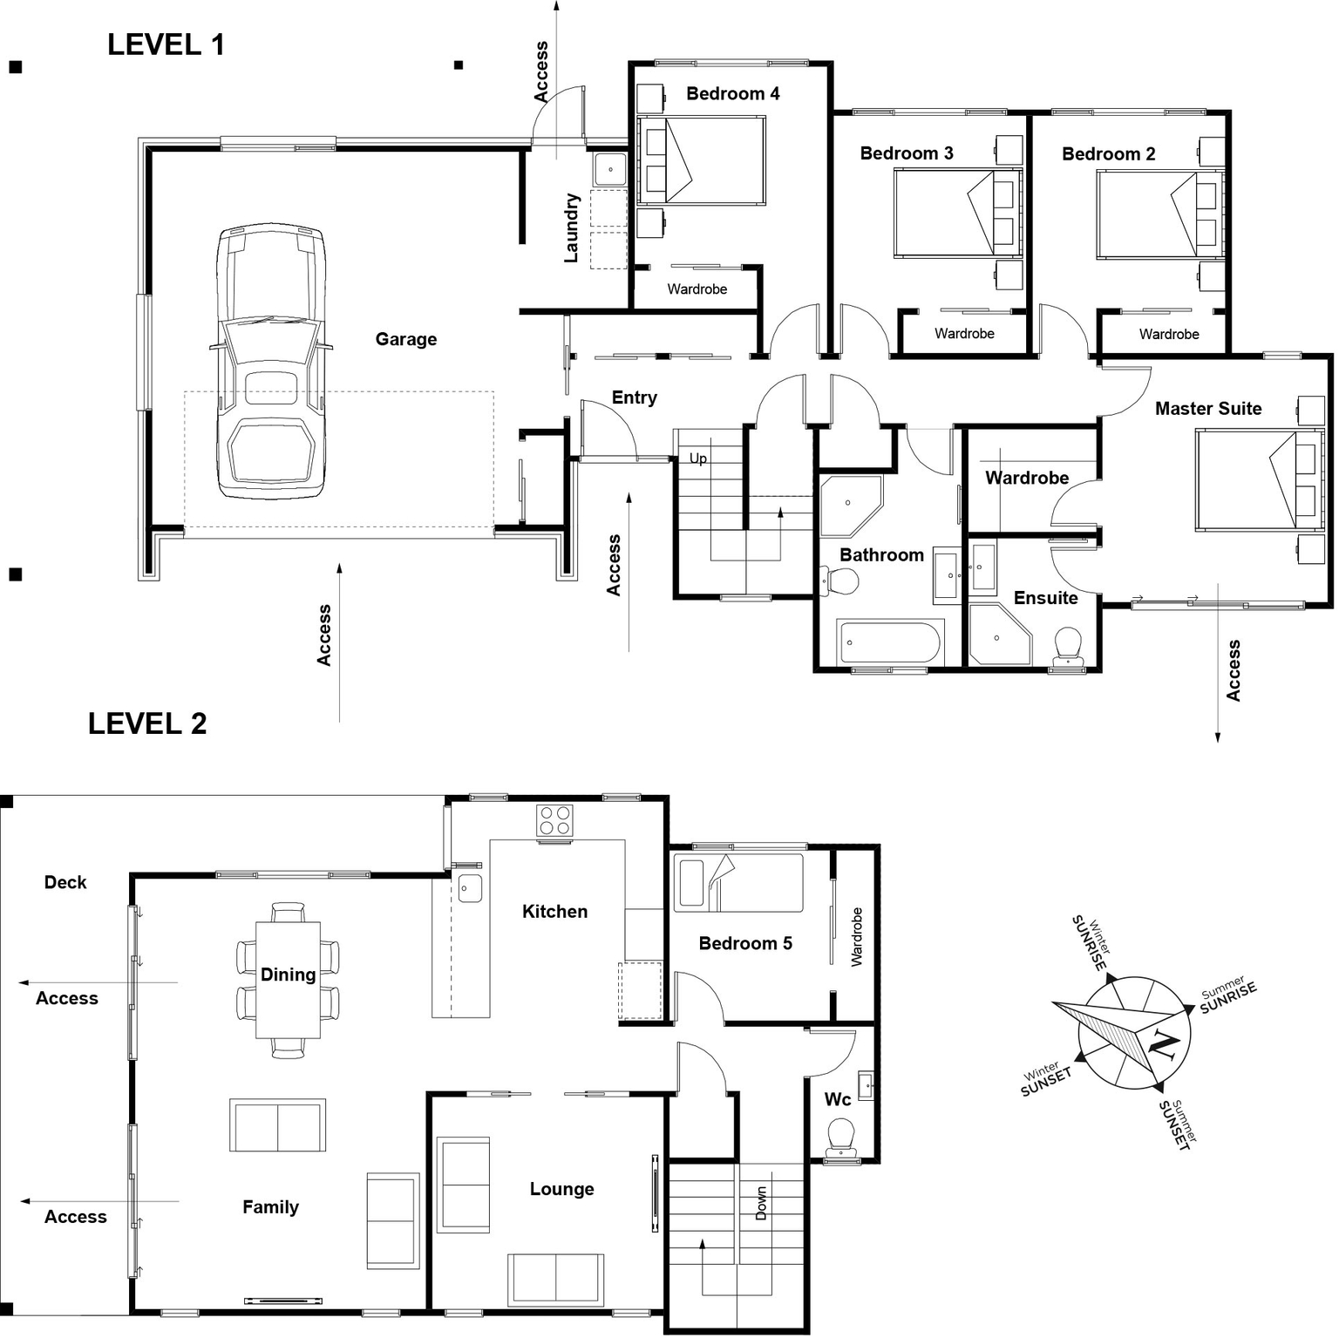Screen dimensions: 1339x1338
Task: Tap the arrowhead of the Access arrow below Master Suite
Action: click(x=1218, y=743)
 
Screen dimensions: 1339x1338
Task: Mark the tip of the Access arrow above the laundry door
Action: click(x=556, y=2)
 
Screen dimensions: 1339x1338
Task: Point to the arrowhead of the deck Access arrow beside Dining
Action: click(x=20, y=982)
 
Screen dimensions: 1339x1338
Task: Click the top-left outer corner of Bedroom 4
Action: click(x=629, y=61)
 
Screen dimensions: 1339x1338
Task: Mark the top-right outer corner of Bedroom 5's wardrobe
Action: click(x=879, y=846)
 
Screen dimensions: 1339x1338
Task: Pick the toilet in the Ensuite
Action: click(x=1068, y=647)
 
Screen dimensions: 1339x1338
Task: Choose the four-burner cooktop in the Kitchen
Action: click(x=554, y=820)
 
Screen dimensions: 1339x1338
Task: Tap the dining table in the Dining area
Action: click(x=288, y=980)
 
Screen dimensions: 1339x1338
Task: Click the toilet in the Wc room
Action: click(x=842, y=1136)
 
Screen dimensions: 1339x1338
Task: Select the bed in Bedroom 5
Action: click(x=738, y=883)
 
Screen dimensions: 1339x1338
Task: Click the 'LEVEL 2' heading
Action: click(x=147, y=723)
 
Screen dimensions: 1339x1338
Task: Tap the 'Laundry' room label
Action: click(x=571, y=228)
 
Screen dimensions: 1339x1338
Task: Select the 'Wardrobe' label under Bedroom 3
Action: click(x=964, y=333)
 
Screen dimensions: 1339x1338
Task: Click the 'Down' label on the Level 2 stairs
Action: click(x=761, y=1203)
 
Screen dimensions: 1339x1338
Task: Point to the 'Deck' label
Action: click(x=65, y=882)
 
